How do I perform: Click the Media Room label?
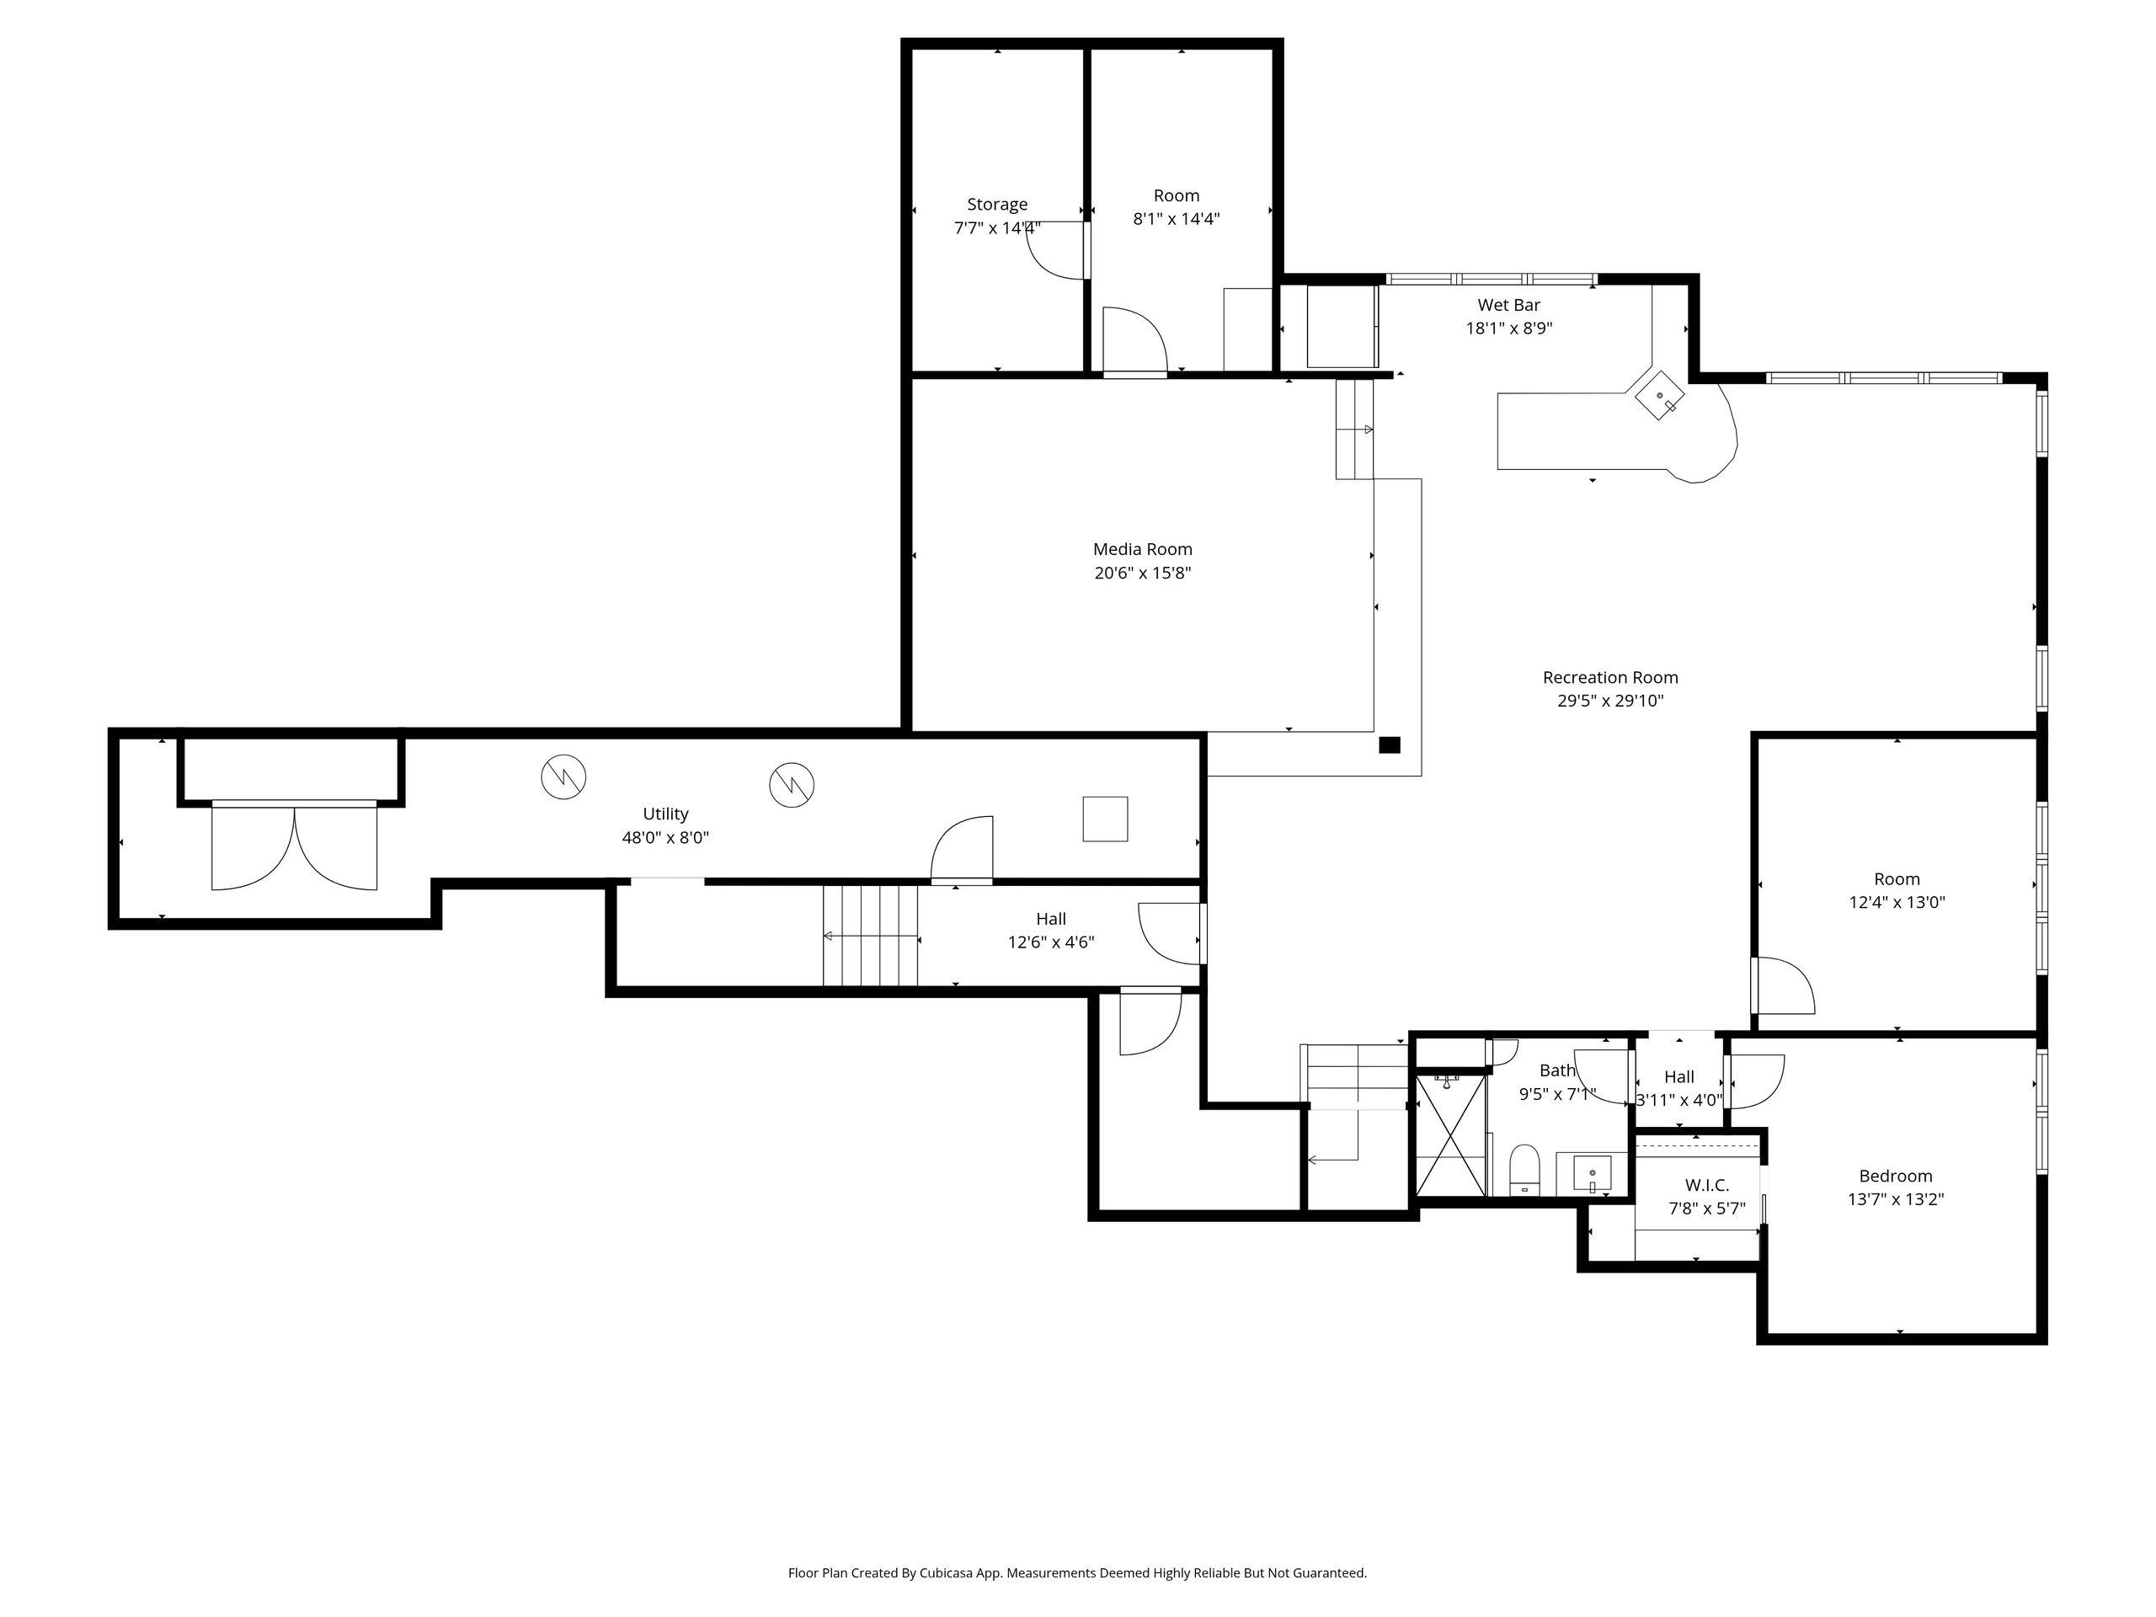[x=1142, y=550]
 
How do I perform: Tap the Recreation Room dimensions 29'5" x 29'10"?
[x=1610, y=701]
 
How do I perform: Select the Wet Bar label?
[x=1509, y=305]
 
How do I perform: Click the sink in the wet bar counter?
[x=1659, y=397]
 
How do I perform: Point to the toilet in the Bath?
[x=1524, y=1170]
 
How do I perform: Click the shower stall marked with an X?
[x=1451, y=1134]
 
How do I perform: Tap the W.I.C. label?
[x=1706, y=1185]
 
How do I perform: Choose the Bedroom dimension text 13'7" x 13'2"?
[x=1896, y=1200]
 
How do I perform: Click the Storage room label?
[x=997, y=205]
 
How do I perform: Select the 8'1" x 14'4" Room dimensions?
[x=1177, y=219]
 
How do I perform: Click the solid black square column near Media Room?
[x=1389, y=744]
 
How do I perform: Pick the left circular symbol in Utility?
[x=563, y=776]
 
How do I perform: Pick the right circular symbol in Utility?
[x=792, y=785]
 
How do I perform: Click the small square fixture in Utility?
[x=1105, y=819]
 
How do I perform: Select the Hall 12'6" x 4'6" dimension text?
[x=1051, y=942]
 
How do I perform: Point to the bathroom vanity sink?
[x=1591, y=1172]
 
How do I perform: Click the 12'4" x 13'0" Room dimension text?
[x=1897, y=903]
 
